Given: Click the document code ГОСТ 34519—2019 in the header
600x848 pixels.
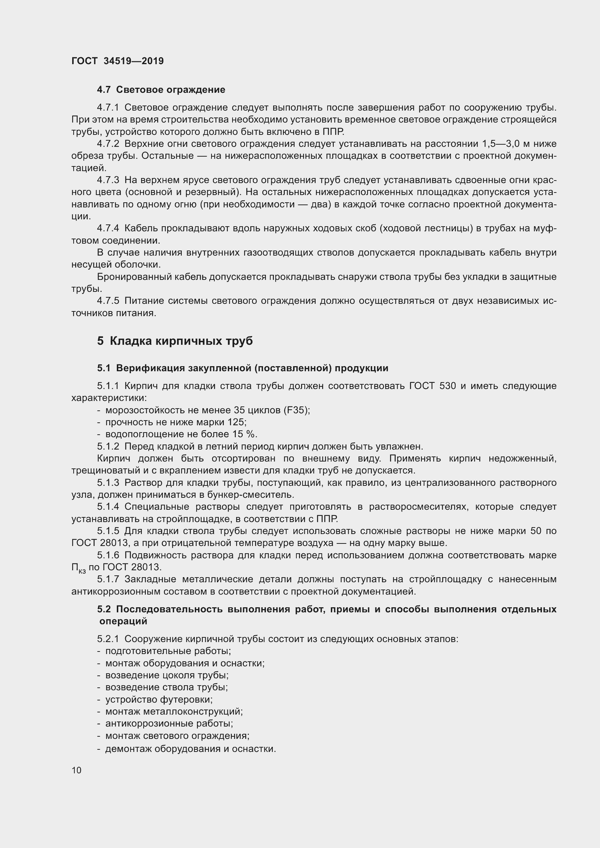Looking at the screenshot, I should click(118, 61).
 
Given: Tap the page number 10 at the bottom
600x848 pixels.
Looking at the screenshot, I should click(77, 770).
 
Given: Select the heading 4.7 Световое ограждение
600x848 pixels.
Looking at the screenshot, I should click(161, 90).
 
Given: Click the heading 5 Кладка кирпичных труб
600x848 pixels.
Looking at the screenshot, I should click(175, 340).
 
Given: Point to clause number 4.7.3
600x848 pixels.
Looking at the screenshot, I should click(108, 180).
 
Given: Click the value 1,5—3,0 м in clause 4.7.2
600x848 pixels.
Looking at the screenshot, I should click(511, 144).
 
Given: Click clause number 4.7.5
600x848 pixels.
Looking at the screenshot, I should click(108, 301).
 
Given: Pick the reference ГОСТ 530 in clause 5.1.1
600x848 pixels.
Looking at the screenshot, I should click(432, 386).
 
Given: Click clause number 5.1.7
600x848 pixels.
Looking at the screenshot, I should click(108, 579).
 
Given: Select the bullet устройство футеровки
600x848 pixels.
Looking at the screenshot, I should click(159, 699).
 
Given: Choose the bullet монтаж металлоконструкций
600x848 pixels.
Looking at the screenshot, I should click(174, 711).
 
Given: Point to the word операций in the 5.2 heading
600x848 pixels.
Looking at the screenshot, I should click(123, 621).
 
